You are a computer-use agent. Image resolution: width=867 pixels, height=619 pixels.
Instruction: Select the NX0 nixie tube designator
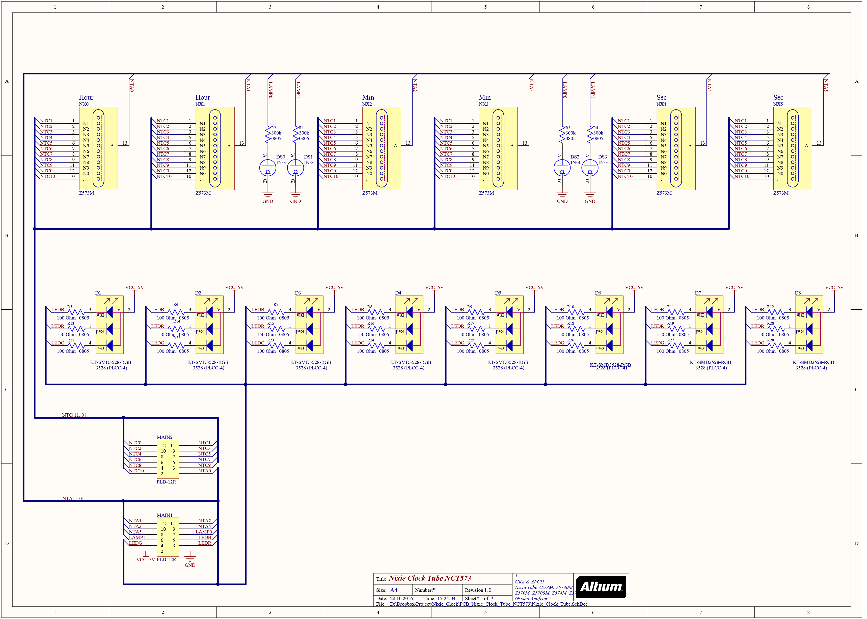[84, 104]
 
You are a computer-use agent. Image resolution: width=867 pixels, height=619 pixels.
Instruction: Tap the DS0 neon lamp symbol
[267, 168]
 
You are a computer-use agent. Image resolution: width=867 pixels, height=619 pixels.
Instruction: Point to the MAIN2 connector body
[168, 459]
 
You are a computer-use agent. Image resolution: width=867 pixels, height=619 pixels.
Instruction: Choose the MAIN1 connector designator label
[164, 515]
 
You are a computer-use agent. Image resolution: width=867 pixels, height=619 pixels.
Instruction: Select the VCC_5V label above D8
[834, 287]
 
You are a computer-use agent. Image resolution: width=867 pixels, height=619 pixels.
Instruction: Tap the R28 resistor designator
[770, 340]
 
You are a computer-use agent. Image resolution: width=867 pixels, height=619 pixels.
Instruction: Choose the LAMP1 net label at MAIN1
[137, 537]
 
